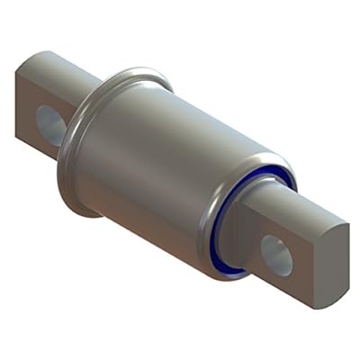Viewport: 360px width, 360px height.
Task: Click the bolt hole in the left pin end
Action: pos(50,125)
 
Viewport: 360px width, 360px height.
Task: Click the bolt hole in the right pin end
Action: pos(276,254)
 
